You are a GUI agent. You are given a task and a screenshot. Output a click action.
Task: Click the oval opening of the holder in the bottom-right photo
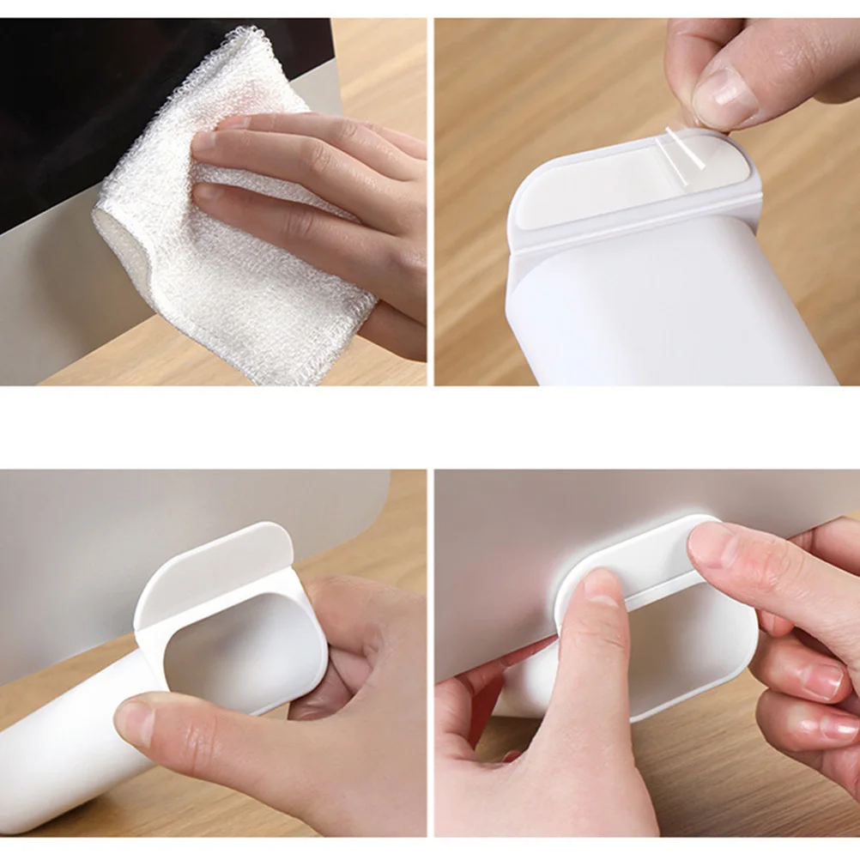[687, 635]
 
